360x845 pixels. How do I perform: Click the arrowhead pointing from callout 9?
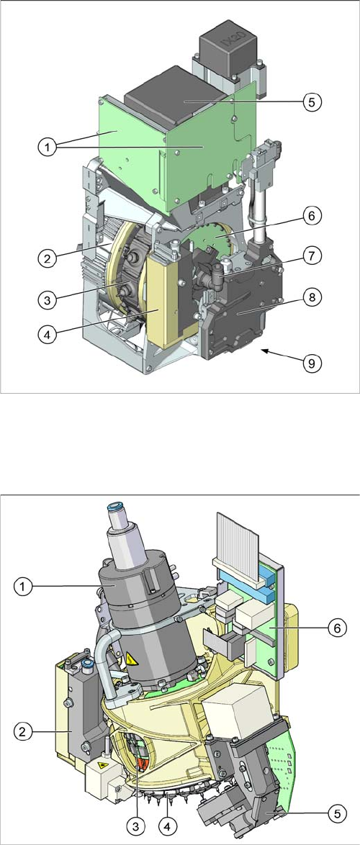pos(265,351)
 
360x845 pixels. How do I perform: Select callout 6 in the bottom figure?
pos(335,628)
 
